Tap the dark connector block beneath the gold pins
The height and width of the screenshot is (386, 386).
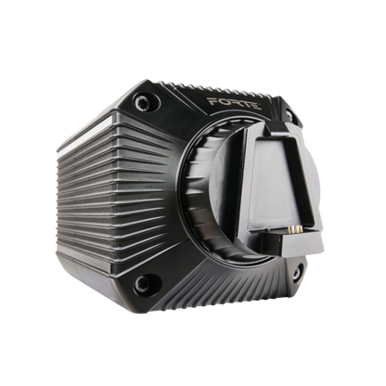click(x=299, y=243)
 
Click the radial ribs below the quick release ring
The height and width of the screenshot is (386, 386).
click(x=232, y=278)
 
